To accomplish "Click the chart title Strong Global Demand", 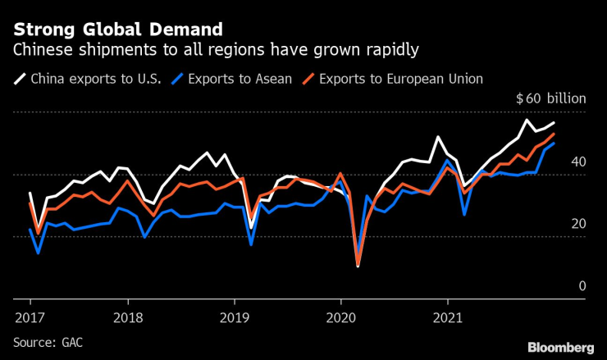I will click(117, 30).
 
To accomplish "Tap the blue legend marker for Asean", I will click(176, 80).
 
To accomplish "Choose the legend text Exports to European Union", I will click(399, 80).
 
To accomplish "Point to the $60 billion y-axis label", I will click(550, 98).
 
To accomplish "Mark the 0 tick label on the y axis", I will click(582, 286).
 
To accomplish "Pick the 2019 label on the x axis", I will click(236, 317).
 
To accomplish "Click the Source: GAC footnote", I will click(48, 340).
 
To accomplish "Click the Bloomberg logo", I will click(560, 348).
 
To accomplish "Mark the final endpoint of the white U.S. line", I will click(554, 122).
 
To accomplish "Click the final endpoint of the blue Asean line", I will click(554, 143).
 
